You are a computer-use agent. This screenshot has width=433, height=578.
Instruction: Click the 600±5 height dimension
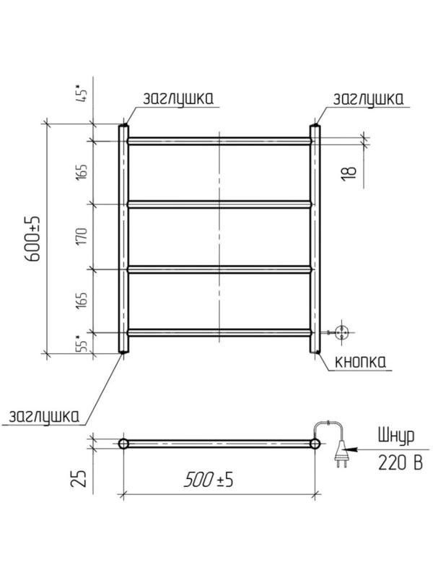[33, 239]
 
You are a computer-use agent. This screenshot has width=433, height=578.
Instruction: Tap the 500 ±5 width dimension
[209, 480]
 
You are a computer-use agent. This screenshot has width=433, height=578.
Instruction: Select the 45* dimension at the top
[82, 92]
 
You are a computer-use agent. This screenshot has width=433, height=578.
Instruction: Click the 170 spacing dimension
[82, 237]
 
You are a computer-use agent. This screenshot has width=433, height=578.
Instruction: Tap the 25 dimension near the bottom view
[79, 478]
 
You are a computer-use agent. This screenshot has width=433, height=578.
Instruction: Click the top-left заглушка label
[178, 99]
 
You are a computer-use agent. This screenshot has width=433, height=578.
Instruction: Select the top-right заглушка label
[368, 99]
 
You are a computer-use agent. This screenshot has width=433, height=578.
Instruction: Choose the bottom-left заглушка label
[44, 417]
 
